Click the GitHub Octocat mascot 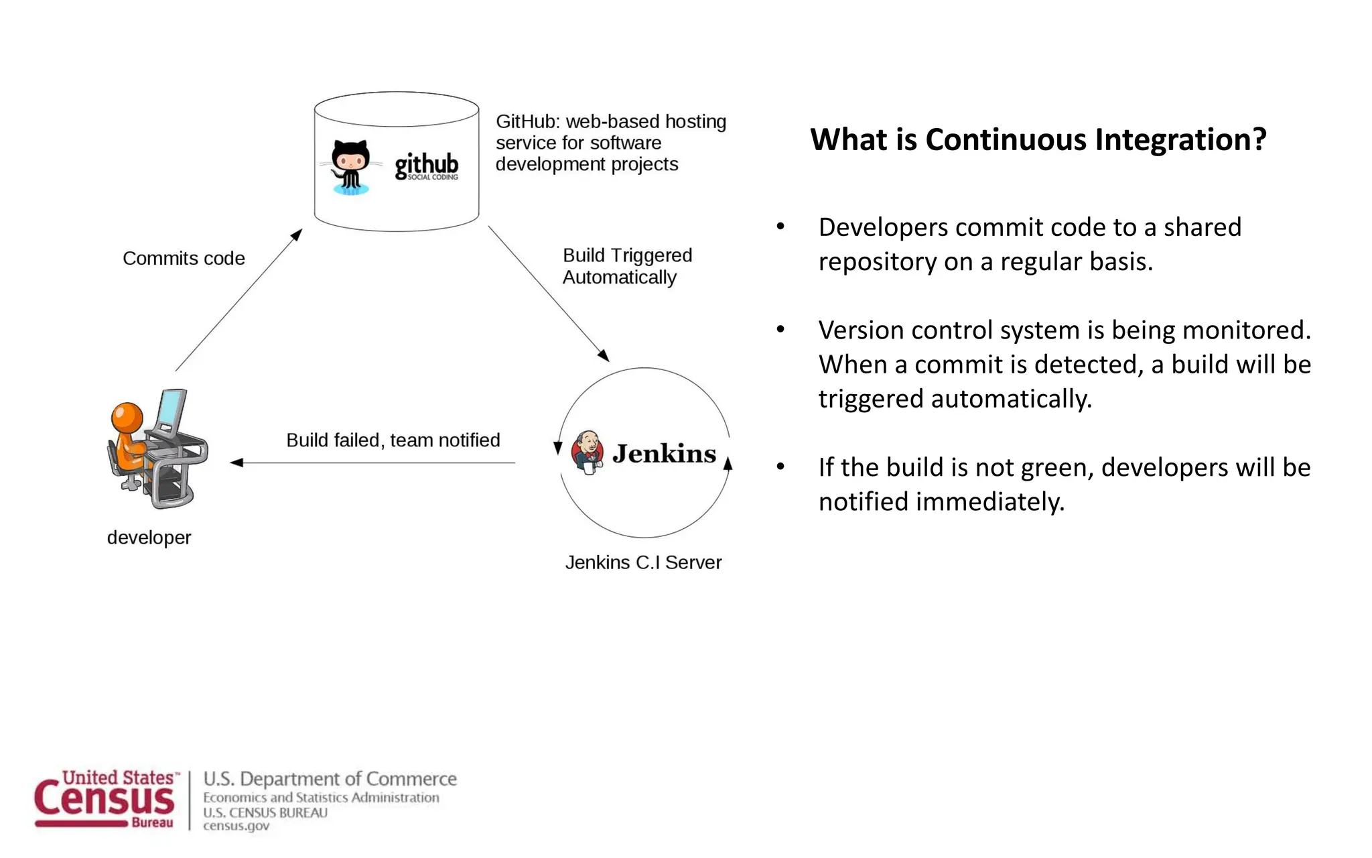click(350, 167)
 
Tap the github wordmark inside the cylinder click(426, 165)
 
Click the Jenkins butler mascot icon click(588, 452)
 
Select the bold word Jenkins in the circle click(664, 454)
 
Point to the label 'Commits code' click(184, 258)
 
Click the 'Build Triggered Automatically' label click(627, 266)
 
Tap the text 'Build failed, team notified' click(393, 440)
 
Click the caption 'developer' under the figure click(149, 538)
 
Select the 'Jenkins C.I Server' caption click(643, 562)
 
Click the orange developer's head click(127, 417)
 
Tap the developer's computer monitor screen click(171, 408)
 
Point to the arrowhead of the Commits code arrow click(297, 235)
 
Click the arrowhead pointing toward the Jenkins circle click(603, 355)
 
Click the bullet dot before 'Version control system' click(780, 330)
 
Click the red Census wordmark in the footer click(104, 800)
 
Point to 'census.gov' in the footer click(236, 826)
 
